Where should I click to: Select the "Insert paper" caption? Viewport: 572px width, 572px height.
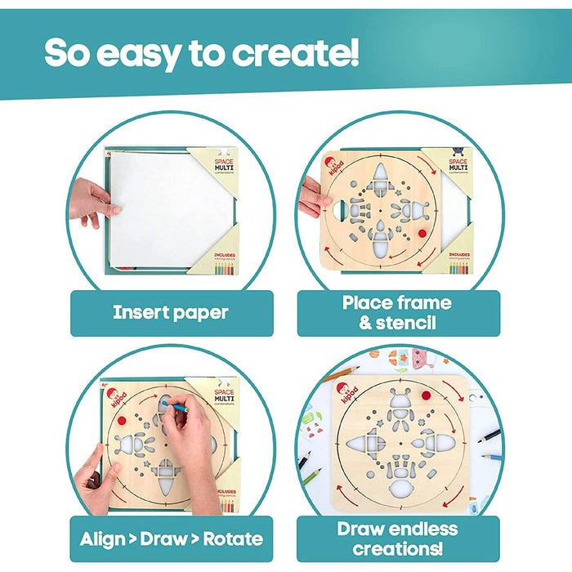point(171,312)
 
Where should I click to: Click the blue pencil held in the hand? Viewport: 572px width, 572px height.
point(175,404)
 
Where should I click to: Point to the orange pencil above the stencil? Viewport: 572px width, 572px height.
point(342,374)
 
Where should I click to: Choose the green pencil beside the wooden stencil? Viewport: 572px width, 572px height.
point(310,474)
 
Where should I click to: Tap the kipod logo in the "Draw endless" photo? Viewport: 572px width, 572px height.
point(348,393)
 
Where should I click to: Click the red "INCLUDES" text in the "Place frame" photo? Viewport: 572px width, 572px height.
point(463,254)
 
